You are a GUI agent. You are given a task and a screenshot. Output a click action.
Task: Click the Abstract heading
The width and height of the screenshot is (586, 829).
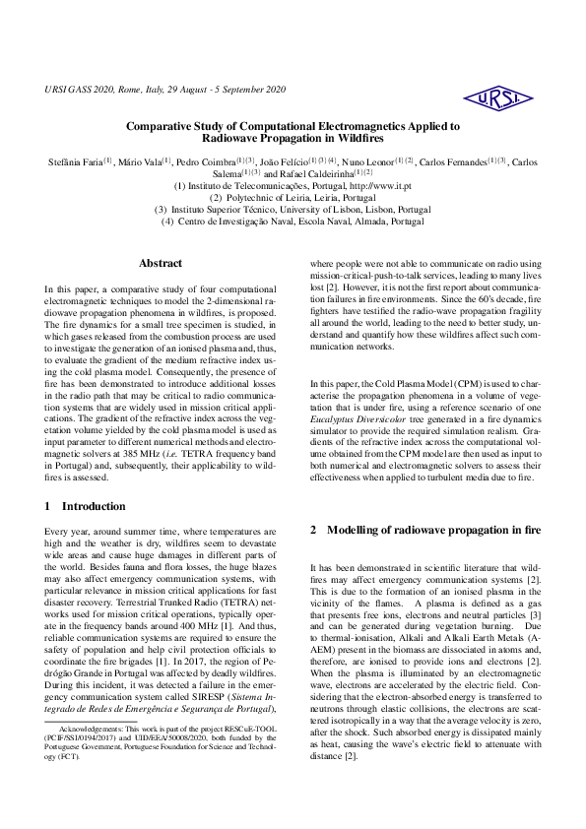click(x=160, y=264)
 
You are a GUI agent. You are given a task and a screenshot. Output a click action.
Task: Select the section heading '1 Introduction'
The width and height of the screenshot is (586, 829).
click(x=86, y=506)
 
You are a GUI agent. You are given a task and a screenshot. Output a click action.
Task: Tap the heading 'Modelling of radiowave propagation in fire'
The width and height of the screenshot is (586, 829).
click(x=425, y=530)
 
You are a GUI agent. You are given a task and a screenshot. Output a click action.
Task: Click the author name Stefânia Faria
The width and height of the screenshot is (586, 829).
click(x=75, y=160)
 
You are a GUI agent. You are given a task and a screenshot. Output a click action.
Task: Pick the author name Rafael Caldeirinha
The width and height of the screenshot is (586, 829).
click(x=325, y=172)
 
